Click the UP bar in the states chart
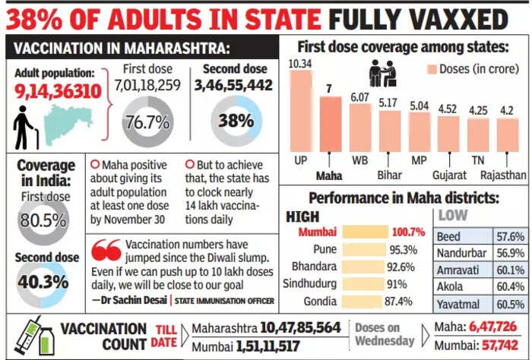click(x=301, y=114)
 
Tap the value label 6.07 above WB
click(x=359, y=96)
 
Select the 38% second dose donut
click(x=235, y=122)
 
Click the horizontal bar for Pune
click(x=364, y=249)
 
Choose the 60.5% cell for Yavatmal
click(x=509, y=305)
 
